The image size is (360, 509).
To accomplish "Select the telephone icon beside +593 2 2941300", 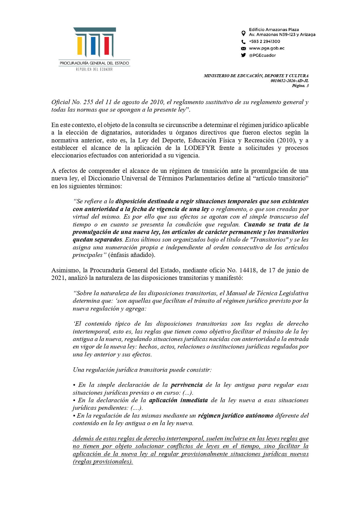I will pyautogui.click(x=243, y=42).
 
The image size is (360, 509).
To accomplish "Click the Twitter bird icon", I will pyautogui.click(x=243, y=55).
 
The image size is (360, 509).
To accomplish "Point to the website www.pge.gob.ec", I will pyautogui.click(x=267, y=48).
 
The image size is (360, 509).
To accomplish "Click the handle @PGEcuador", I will pyautogui.click(x=262, y=55).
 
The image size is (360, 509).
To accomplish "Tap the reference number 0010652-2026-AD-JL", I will pyautogui.click(x=289, y=81).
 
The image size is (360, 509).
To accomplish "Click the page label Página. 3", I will pyautogui.click(x=300, y=86).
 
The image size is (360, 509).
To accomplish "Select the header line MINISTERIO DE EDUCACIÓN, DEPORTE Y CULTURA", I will pyautogui.click(x=256, y=76).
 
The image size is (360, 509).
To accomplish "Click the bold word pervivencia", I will pyautogui.click(x=187, y=385).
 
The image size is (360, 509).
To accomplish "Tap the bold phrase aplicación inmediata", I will pyautogui.click(x=178, y=400).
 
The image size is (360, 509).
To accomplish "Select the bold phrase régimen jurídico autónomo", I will pyautogui.click(x=236, y=416).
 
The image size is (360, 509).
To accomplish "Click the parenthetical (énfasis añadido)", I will pyautogui.click(x=132, y=255).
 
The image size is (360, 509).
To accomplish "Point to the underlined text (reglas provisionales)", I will pyautogui.click(x=103, y=461).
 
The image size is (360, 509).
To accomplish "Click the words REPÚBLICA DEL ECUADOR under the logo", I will pyautogui.click(x=94, y=69).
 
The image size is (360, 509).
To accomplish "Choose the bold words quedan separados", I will pyautogui.click(x=97, y=240).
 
